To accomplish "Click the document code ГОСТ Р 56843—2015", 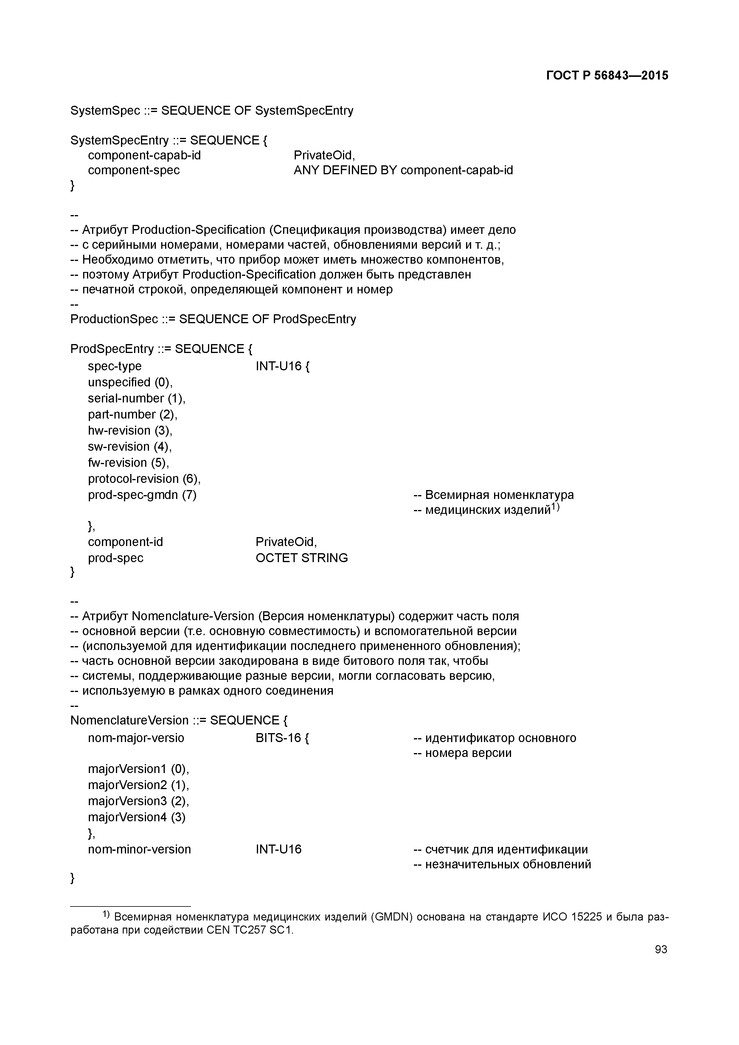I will pyautogui.click(x=607, y=76).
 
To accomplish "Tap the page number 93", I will pyautogui.click(x=661, y=949).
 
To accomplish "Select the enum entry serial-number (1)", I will pyautogui.click(x=136, y=398).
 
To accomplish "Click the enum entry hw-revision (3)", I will pyautogui.click(x=130, y=430).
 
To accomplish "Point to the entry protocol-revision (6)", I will pyautogui.click(x=144, y=479).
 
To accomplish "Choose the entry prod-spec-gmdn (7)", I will pyautogui.click(x=142, y=495).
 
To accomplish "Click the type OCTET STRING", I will pyautogui.click(x=302, y=558).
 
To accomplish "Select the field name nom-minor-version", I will pyautogui.click(x=139, y=849).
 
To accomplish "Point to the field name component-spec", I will pyautogui.click(x=134, y=170).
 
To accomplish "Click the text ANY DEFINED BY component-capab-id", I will pyautogui.click(x=403, y=170).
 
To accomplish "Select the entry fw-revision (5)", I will pyautogui.click(x=128, y=463).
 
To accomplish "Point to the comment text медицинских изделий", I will pyautogui.click(x=488, y=510).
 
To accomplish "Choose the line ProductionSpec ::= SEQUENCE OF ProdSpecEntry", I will pyautogui.click(x=213, y=319).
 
